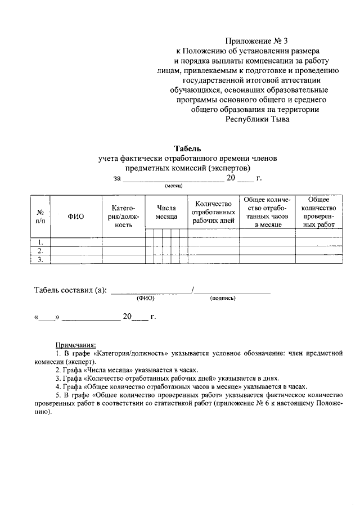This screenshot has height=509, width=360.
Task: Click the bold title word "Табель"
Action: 183,148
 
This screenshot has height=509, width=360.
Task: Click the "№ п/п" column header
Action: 40,217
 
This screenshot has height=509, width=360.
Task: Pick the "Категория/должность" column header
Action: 123,217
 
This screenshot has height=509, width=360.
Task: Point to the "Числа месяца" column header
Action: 166,212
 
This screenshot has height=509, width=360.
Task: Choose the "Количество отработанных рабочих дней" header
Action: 213,212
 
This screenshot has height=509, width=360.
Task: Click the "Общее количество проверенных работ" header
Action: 318,212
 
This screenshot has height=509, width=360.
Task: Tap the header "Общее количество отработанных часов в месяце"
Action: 267,212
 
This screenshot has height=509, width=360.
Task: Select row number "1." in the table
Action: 40,242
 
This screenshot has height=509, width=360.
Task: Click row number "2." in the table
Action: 40,251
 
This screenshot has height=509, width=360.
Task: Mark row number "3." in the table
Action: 40,260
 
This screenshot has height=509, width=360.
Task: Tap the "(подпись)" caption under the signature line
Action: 223,298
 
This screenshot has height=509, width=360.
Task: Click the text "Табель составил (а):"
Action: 70,290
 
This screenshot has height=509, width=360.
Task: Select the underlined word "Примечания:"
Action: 75,345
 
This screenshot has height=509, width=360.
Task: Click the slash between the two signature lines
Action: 193,290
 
